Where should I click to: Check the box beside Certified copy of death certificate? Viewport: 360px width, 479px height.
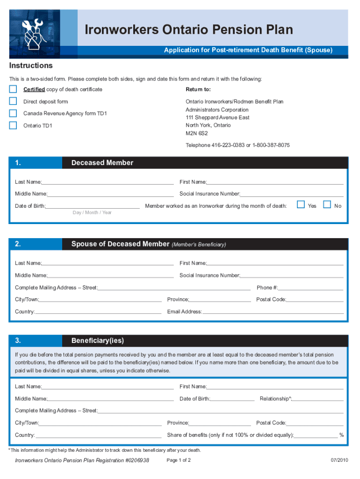coord(13,89)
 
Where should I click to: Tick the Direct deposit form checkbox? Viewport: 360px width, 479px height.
coord(13,101)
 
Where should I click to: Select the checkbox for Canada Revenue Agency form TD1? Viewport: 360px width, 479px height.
coord(13,113)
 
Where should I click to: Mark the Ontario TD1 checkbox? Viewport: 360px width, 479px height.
coord(13,125)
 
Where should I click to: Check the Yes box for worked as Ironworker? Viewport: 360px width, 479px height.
coord(301,204)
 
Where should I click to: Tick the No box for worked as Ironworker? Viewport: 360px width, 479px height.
coord(327,204)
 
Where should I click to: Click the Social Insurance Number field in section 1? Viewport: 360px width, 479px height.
coord(292,194)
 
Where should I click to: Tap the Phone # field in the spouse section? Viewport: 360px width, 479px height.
coord(311,287)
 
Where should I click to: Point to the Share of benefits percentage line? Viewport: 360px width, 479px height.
coord(316,435)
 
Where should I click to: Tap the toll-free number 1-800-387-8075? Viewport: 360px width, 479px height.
coord(271,145)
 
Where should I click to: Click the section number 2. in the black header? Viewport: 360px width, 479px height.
coord(18,244)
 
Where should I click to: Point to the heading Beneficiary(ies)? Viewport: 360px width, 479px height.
coord(98,340)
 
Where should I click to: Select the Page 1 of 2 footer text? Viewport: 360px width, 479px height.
coord(179,460)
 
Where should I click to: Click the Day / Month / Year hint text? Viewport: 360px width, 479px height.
coord(92,213)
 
